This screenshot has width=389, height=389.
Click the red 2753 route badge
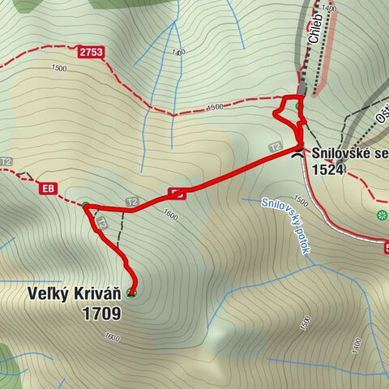(92, 52)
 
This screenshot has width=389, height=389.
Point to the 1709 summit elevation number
(101, 313)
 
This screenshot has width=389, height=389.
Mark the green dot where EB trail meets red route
(86, 204)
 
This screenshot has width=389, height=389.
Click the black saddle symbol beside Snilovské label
(299, 152)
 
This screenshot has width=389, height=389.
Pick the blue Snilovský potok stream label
(287, 226)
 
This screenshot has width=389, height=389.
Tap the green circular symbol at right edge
(382, 215)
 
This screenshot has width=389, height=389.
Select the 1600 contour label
(169, 216)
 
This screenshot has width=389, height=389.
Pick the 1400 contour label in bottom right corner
(356, 344)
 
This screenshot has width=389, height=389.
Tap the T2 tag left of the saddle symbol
(276, 147)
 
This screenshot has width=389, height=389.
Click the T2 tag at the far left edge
(6, 161)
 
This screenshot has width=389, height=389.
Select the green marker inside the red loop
(298, 105)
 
